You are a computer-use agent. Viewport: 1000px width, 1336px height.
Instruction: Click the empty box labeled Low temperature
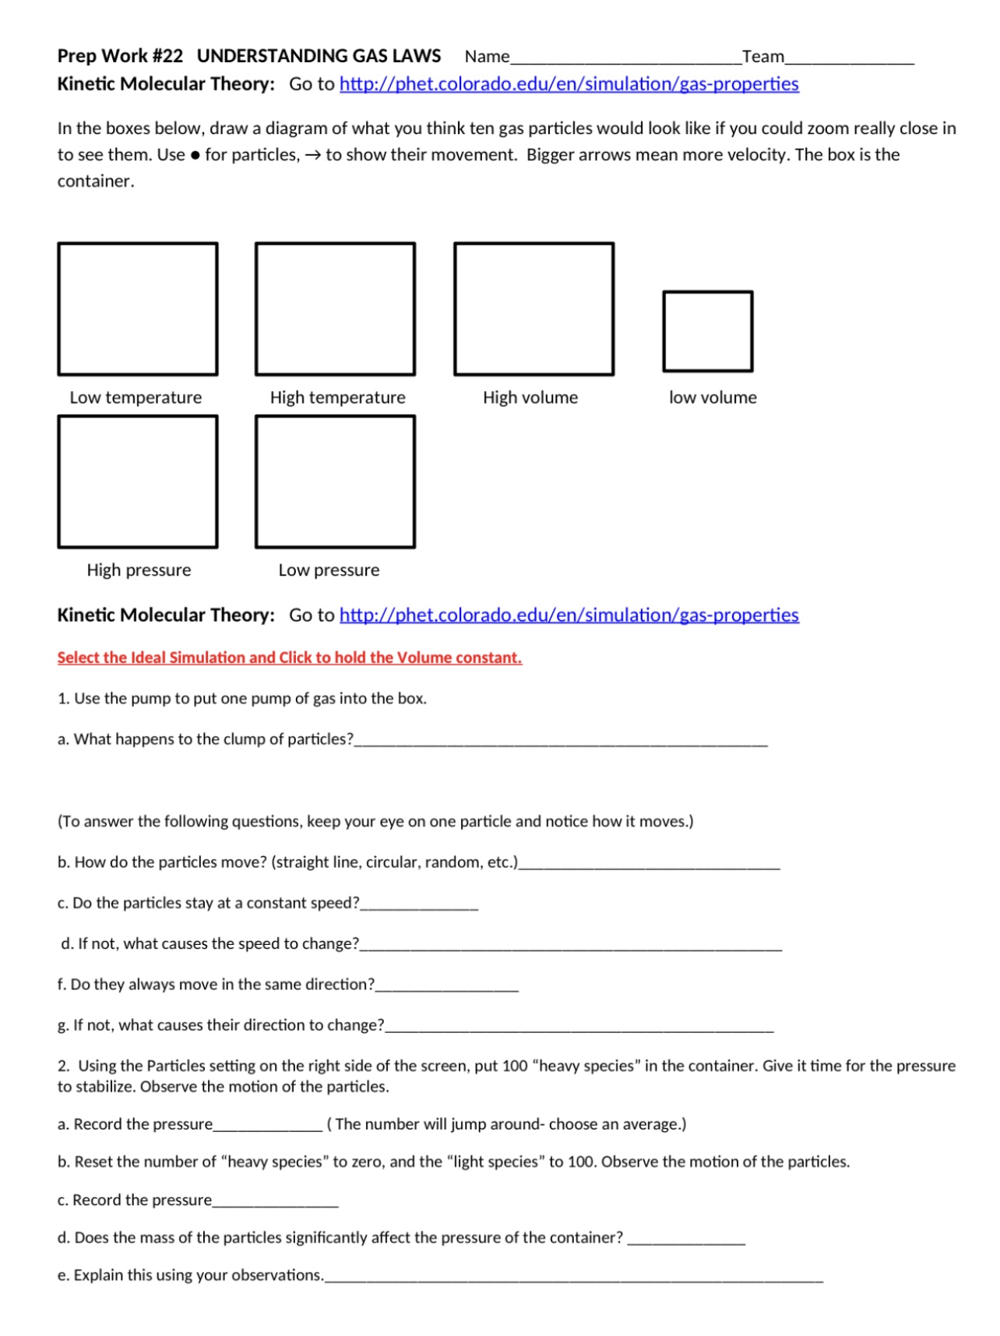pos(138,308)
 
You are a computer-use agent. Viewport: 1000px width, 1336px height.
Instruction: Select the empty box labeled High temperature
pos(336,308)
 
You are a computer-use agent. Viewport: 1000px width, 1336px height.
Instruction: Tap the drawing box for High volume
pos(534,308)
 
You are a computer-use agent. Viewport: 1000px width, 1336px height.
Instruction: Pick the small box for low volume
pos(708,331)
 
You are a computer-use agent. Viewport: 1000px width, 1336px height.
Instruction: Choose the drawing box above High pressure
pos(138,481)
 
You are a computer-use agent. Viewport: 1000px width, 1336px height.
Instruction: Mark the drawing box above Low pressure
pos(336,481)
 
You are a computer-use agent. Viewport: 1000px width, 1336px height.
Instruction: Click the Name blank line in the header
pos(625,58)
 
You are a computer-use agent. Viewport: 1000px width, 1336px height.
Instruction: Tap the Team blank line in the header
pos(849,58)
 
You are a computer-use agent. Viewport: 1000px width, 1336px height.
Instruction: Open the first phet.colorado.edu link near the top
pos(569,84)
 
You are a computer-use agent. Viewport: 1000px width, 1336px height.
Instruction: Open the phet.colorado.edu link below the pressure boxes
pos(569,615)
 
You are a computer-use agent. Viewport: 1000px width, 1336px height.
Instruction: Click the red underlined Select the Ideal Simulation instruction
pos(290,657)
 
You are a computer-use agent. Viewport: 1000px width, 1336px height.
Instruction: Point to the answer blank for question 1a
pos(561,742)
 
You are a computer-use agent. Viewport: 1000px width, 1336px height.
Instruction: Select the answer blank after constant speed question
pos(419,905)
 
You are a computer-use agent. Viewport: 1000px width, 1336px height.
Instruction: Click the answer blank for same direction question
pos(446,986)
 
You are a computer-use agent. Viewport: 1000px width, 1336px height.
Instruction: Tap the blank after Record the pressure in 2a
pos(267,1126)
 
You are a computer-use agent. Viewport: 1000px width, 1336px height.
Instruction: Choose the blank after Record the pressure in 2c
pos(275,1203)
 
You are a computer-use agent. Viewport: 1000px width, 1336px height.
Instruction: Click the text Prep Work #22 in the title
pos(120,56)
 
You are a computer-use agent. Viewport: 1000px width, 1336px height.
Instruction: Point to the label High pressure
pos(139,570)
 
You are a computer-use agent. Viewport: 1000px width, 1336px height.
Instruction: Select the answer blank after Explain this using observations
pos(573,1278)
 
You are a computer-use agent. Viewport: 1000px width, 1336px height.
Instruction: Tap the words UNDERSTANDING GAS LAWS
pos(319,56)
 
